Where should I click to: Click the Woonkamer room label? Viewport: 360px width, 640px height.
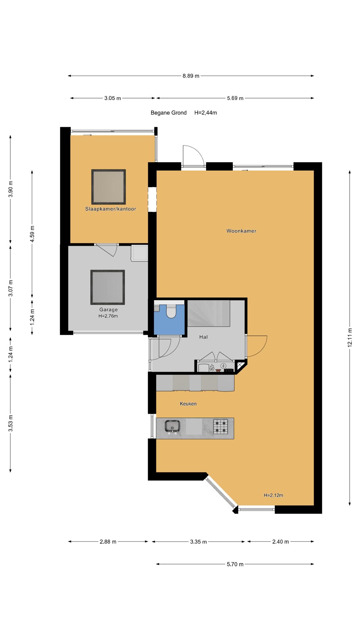pyautogui.click(x=241, y=231)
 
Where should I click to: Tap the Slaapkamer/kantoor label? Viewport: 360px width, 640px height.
pyautogui.click(x=111, y=209)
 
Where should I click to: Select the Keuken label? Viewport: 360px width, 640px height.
pyautogui.click(x=188, y=404)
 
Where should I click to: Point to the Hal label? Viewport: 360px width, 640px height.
pyautogui.click(x=203, y=337)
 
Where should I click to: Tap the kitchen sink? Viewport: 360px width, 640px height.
pyautogui.click(x=172, y=427)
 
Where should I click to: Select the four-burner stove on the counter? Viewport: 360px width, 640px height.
pyautogui.click(x=221, y=427)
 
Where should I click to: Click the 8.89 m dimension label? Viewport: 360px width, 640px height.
pyautogui.click(x=191, y=76)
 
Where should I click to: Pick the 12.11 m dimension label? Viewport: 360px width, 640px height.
pyautogui.click(x=350, y=337)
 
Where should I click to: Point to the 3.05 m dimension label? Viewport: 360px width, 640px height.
pyautogui.click(x=112, y=98)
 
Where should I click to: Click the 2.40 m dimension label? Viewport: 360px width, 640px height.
pyautogui.click(x=280, y=542)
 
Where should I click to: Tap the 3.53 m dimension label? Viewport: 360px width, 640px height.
pyautogui.click(x=10, y=423)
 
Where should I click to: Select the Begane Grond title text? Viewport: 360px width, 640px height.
pyautogui.click(x=168, y=113)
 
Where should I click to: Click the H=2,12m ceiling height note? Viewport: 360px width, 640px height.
pyautogui.click(x=273, y=495)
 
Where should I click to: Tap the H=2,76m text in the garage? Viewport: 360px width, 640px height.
pyautogui.click(x=108, y=316)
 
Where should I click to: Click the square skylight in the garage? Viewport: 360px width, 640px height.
pyautogui.click(x=108, y=287)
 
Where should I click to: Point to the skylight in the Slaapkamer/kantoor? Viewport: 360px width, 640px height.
pyautogui.click(x=108, y=187)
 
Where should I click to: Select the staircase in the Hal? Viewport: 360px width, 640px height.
pyautogui.click(x=209, y=313)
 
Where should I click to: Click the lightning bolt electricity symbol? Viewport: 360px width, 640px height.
pyautogui.click(x=223, y=366)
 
